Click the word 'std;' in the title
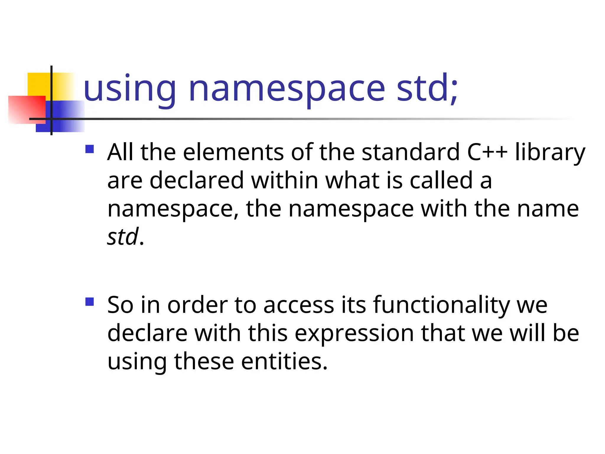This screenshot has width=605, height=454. pos(427,88)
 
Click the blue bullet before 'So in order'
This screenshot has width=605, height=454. pos(89,302)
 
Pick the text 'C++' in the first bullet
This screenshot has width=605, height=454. pos(487,152)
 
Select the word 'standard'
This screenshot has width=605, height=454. pos(411,152)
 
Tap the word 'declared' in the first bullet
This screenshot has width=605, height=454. pos(196,180)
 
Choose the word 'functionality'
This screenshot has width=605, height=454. pos(441,306)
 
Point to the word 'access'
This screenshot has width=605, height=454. pos(299,305)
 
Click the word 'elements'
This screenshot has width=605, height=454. pos(233,152)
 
